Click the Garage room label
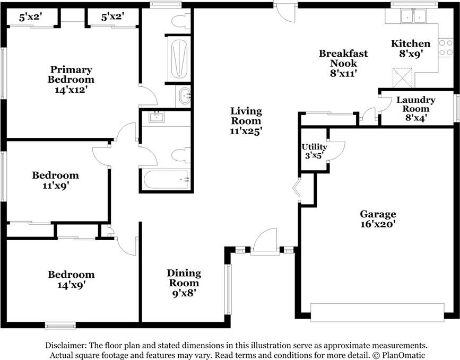[378, 214]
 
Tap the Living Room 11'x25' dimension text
[246, 131]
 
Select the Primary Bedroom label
[71, 74]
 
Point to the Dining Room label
[184, 278]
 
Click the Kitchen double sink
[413, 16]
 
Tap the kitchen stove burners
[446, 48]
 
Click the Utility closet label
[314, 146]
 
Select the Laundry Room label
[416, 104]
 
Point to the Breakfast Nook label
[343, 58]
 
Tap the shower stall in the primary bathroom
[179, 59]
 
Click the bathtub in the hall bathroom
[167, 179]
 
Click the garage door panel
[377, 312]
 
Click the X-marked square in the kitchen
[402, 78]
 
